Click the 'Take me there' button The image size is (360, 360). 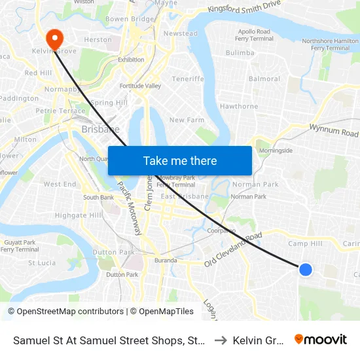[x=180, y=161]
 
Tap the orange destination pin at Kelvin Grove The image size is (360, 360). [x=54, y=37]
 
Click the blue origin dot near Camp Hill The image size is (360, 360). [x=305, y=269]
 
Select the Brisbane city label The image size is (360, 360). [x=100, y=129]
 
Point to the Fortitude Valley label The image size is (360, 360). [x=140, y=86]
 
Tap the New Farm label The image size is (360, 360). [x=187, y=120]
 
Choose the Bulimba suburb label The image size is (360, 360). [x=240, y=52]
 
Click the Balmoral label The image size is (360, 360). [x=264, y=79]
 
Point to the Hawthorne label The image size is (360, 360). [x=239, y=106]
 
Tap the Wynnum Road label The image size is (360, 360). [x=334, y=130]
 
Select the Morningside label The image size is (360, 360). [x=276, y=150]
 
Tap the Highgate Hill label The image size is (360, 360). [x=79, y=215]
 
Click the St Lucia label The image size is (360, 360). [x=41, y=263]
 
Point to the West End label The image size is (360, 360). [x=60, y=185]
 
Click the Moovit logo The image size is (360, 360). [x=321, y=339]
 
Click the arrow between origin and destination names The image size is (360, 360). [x=220, y=340]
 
